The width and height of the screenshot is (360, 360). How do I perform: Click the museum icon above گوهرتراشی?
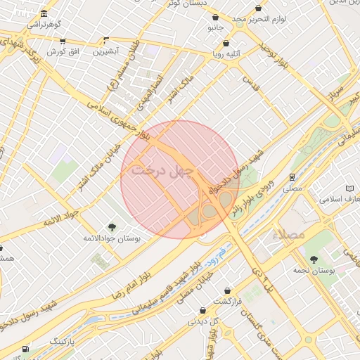click(x=44, y=15)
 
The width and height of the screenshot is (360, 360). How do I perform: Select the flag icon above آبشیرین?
click(x=106, y=40)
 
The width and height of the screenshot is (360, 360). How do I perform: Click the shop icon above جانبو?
click(x=215, y=18)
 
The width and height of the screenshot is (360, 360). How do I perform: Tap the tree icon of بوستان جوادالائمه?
click(x=111, y=226)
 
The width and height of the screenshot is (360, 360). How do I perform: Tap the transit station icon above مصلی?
click(x=291, y=177)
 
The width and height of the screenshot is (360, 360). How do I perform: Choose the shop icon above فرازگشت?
click(x=227, y=290)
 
